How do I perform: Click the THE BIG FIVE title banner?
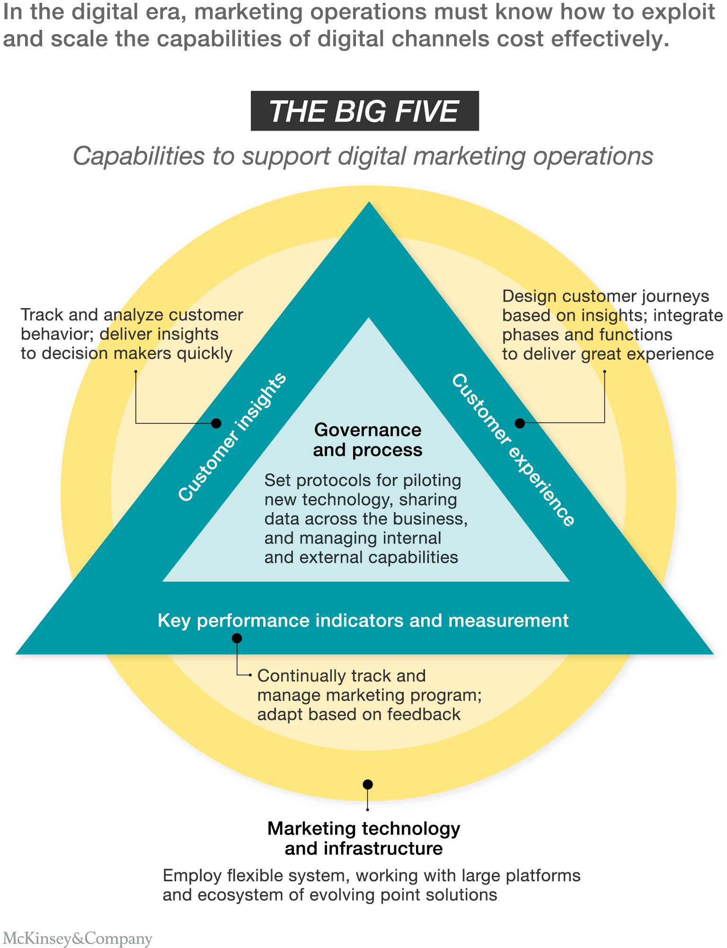click(364, 111)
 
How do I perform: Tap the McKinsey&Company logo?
click(78, 938)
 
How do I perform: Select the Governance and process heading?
click(367, 440)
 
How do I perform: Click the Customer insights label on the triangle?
click(232, 436)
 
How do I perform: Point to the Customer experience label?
click(514, 450)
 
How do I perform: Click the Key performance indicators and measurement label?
click(363, 620)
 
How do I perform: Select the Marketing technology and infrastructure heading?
click(363, 838)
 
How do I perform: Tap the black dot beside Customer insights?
click(216, 423)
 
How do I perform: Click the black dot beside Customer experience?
click(520, 423)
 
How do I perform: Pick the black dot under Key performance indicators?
click(237, 638)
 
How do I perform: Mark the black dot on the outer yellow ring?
click(368, 785)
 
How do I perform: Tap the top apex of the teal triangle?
click(369, 204)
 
